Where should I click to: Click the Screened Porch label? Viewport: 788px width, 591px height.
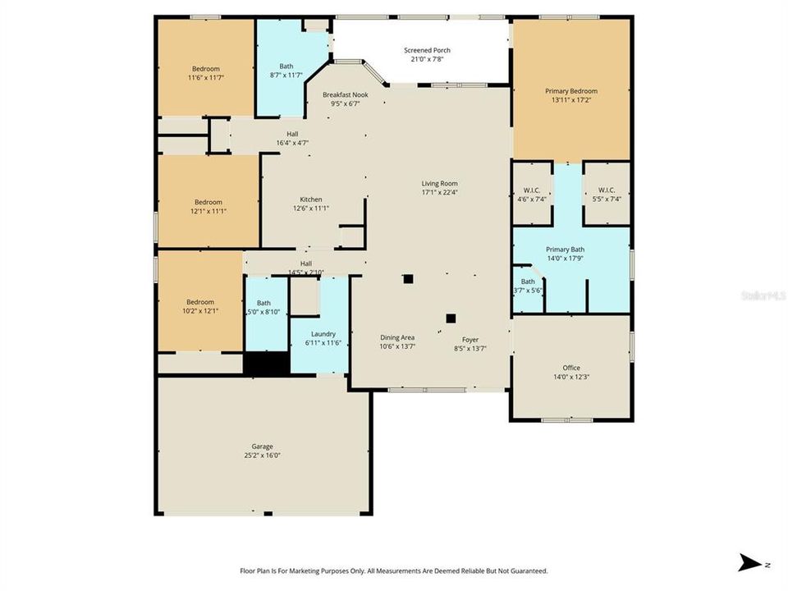(x=427, y=51)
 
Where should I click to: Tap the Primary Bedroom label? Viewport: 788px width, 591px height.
(x=571, y=91)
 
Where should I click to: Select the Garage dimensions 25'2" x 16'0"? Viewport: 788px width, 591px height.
(x=263, y=455)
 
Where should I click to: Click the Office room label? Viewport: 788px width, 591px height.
(x=571, y=368)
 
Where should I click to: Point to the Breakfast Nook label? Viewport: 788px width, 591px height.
(x=345, y=95)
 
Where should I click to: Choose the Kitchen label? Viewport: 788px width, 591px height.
(x=310, y=199)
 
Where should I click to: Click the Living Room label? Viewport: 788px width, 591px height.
(x=439, y=184)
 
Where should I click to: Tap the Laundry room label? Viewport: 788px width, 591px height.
(x=323, y=334)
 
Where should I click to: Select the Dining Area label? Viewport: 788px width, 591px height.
(x=396, y=338)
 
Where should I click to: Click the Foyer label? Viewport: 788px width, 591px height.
(x=470, y=339)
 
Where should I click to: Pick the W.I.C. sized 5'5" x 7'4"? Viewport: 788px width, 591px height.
(x=607, y=190)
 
